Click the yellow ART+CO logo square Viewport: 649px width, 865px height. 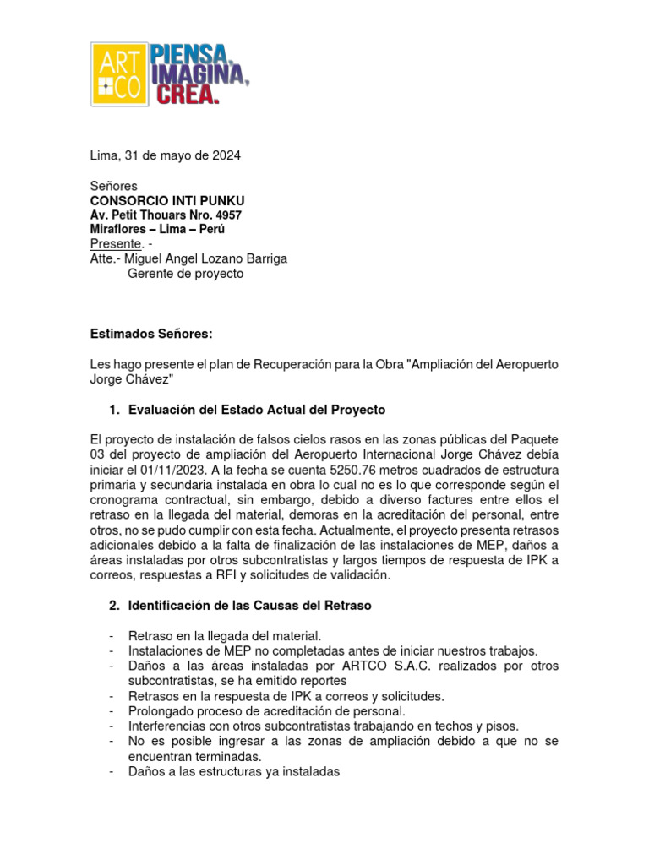click(x=119, y=73)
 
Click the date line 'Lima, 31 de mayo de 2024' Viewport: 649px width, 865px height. click(x=166, y=155)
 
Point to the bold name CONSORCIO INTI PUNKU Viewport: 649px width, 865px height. click(x=167, y=200)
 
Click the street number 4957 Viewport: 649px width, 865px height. click(x=225, y=215)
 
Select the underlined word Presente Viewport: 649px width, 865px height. click(x=114, y=244)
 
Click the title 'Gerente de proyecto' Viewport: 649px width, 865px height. click(x=185, y=274)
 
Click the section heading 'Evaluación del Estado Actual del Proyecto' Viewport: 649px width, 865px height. click(x=257, y=410)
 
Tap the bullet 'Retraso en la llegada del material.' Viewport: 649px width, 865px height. click(x=225, y=635)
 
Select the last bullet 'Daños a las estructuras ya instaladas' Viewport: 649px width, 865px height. click(x=234, y=771)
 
